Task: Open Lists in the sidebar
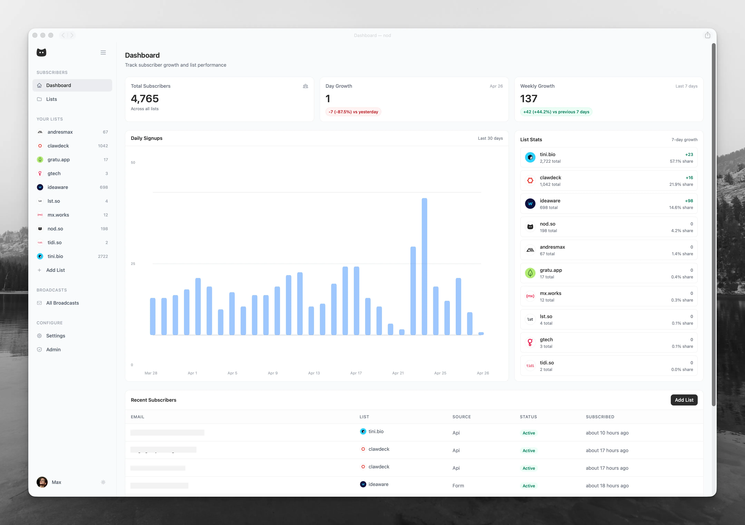(x=52, y=99)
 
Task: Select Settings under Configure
(x=55, y=336)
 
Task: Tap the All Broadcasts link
(x=62, y=303)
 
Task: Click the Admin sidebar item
(x=53, y=350)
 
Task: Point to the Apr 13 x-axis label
(x=314, y=373)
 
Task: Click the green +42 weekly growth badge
(x=556, y=112)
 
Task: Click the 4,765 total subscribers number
(x=145, y=99)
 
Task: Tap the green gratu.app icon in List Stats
(x=530, y=273)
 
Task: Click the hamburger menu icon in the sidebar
(x=103, y=53)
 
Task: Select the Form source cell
(x=458, y=486)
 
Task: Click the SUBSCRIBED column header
(x=600, y=417)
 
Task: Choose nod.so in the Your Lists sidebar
(x=55, y=229)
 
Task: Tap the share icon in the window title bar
(x=707, y=35)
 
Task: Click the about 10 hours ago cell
(x=607, y=433)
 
